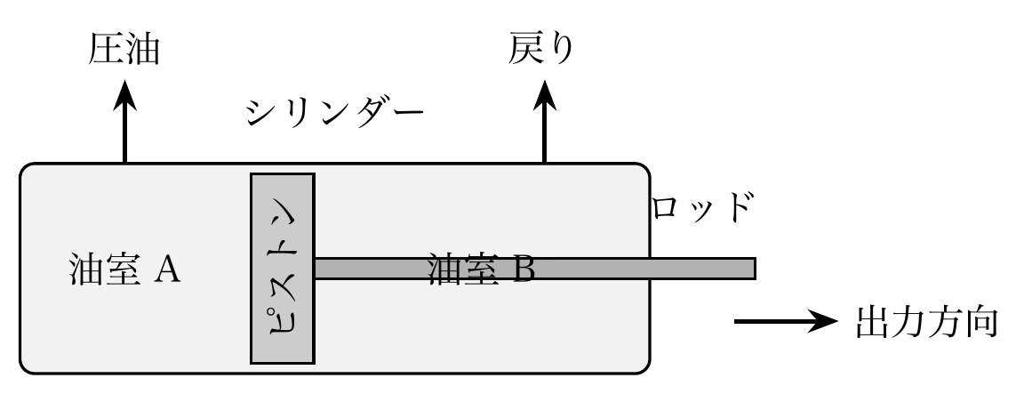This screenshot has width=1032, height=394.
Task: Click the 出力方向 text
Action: pyautogui.click(x=930, y=322)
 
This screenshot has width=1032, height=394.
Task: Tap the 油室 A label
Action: pyautogui.click(x=124, y=269)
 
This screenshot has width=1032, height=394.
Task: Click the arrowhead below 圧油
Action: pyautogui.click(x=124, y=91)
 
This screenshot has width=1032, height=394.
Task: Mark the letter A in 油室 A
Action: pyautogui.click(x=168, y=269)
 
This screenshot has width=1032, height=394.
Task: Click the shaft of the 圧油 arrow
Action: pyautogui.click(x=124, y=133)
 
